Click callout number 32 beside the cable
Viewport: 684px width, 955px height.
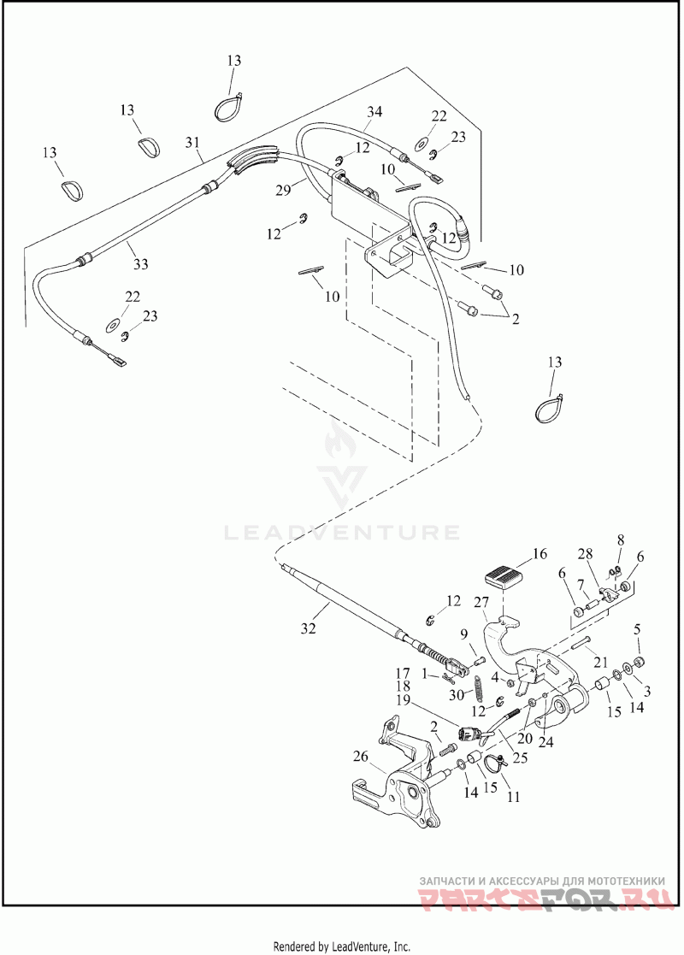(308, 628)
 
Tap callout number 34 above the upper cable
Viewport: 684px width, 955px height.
(374, 113)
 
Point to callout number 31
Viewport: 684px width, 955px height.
(192, 141)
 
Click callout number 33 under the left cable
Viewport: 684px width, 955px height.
(139, 264)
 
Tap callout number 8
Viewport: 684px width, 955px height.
(622, 539)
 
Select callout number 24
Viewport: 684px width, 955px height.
(545, 741)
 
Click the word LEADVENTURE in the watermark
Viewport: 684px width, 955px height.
(341, 533)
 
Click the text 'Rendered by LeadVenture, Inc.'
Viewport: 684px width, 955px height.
(341, 946)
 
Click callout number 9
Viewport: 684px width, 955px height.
(463, 634)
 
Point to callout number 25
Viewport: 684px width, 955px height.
(520, 757)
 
